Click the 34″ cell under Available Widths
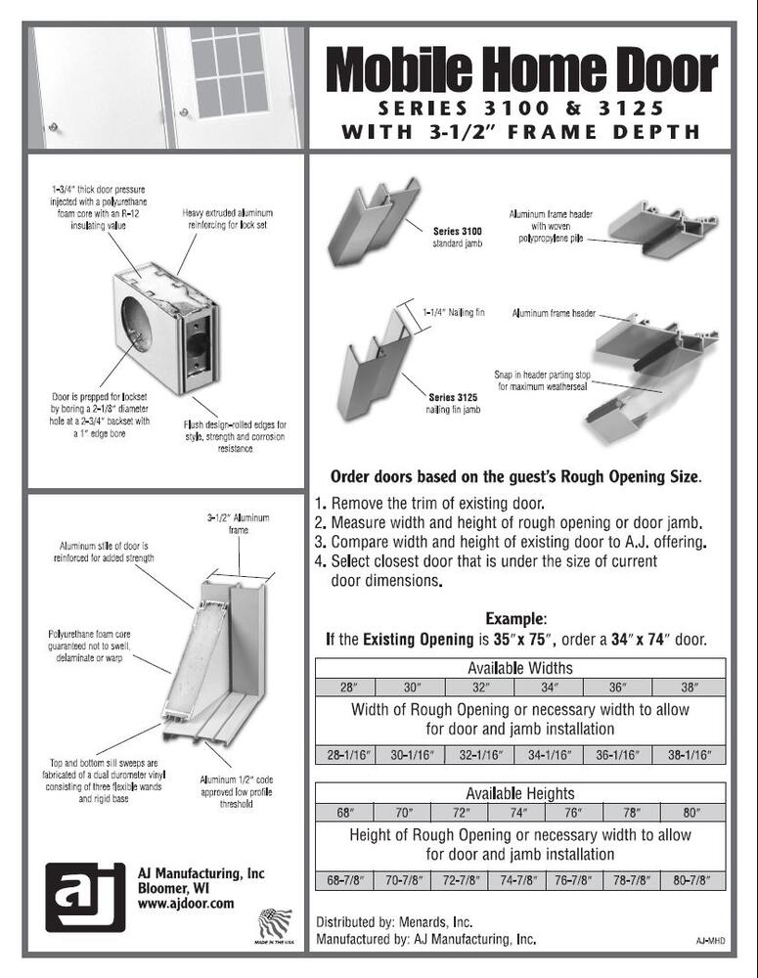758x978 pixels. point(549,688)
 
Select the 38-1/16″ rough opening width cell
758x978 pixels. point(689,755)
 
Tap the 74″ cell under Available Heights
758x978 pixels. point(517,813)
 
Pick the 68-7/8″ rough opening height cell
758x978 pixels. point(345,880)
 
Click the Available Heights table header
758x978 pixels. point(520,793)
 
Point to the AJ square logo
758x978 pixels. point(85,897)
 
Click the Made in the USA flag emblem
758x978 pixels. point(275,925)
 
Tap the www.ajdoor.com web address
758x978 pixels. point(186,903)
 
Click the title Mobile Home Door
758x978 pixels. point(521,69)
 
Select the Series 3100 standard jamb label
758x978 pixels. point(458,237)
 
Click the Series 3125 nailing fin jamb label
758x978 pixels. point(453,403)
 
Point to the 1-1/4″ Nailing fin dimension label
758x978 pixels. point(454,312)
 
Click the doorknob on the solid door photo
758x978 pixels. point(53,127)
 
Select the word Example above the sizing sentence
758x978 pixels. point(515,619)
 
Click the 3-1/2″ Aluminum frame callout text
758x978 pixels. point(239,524)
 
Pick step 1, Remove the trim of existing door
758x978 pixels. point(429,503)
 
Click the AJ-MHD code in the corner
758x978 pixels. point(710,941)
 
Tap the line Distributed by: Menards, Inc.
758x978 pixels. point(394,922)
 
